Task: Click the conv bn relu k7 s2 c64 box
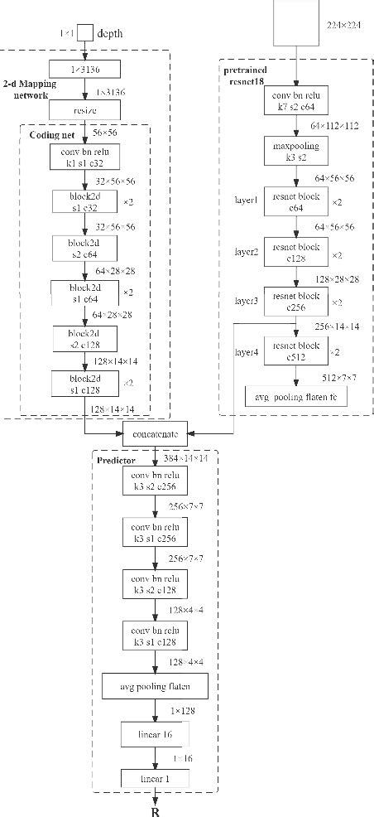pyautogui.click(x=296, y=102)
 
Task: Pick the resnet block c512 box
pyautogui.click(x=295, y=350)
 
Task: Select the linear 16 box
pyautogui.click(x=155, y=734)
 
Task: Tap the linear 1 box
pyautogui.click(x=155, y=778)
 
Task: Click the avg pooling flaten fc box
pyautogui.click(x=295, y=397)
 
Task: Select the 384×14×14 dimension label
pyautogui.click(x=185, y=459)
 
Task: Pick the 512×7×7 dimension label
pyautogui.click(x=338, y=378)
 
